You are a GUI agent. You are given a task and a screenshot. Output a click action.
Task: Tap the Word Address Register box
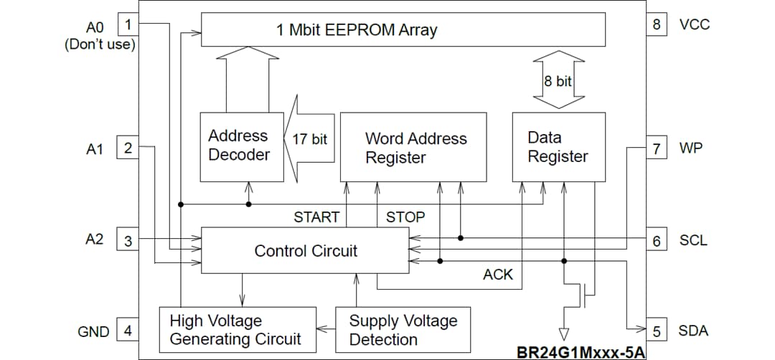pos(413,147)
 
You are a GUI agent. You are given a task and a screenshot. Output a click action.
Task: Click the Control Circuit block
pos(306,250)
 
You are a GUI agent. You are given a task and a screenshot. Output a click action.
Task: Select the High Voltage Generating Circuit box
pos(237,330)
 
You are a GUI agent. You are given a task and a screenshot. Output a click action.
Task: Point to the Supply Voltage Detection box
pos(403,330)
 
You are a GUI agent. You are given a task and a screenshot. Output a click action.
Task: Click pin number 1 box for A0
pos(128,24)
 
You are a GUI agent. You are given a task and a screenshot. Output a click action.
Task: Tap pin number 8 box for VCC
pos(656,24)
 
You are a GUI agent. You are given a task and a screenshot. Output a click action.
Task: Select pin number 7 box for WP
pos(656,148)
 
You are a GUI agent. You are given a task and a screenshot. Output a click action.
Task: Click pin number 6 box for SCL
pos(656,240)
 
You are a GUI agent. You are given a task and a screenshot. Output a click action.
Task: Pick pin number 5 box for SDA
pos(656,331)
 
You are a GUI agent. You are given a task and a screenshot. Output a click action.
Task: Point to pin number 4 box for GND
pos(128,331)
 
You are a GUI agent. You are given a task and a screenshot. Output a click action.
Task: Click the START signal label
pos(316,217)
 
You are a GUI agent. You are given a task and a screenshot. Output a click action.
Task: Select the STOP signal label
pos(405,217)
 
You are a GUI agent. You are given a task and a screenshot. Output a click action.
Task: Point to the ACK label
pos(498,275)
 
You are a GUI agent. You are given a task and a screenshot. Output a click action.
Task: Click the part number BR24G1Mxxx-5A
pos(581,353)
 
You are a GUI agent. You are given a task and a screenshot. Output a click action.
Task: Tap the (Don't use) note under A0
pos(100,44)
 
